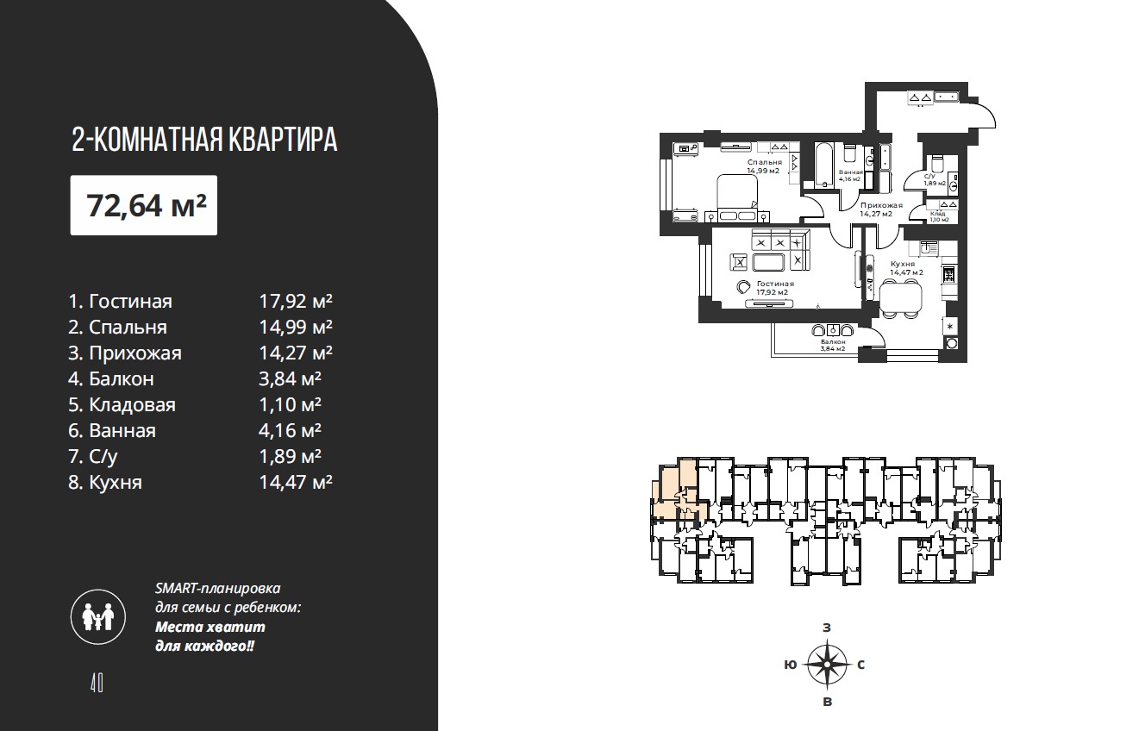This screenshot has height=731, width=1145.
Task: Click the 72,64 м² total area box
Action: coord(144,205)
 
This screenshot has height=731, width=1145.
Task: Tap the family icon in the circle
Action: coord(98,617)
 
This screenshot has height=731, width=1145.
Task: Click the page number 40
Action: coord(97,683)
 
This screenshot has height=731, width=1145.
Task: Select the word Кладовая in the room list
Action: coord(132,404)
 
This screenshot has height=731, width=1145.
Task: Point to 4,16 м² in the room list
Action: coord(290,430)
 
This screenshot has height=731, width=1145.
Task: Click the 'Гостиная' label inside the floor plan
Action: coord(775,284)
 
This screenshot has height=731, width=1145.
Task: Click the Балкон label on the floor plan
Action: coord(833,341)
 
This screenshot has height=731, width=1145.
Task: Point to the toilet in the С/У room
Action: coord(936,164)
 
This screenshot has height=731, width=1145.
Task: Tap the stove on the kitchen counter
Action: coord(948,274)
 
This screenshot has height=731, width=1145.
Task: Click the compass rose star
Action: coord(827,664)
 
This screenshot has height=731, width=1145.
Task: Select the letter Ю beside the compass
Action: coord(791,665)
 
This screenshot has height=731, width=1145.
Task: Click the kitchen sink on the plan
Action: coord(929,248)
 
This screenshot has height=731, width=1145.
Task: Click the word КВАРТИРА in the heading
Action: coord(283,140)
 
